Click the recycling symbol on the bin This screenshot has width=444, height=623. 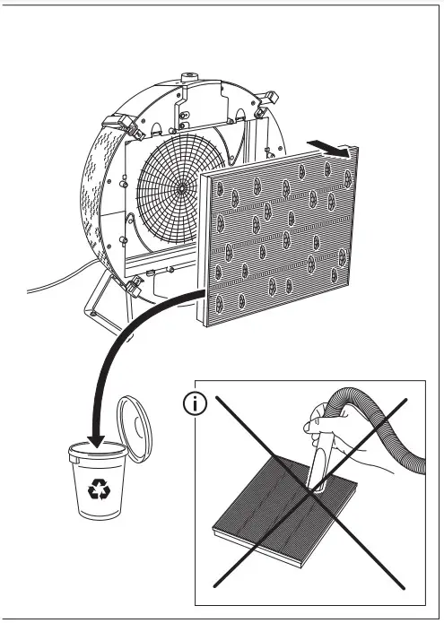coord(98,489)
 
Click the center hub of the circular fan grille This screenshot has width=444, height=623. coord(181,189)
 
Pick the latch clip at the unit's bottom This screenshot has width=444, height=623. coord(137,287)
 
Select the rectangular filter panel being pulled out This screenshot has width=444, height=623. coord(283,238)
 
